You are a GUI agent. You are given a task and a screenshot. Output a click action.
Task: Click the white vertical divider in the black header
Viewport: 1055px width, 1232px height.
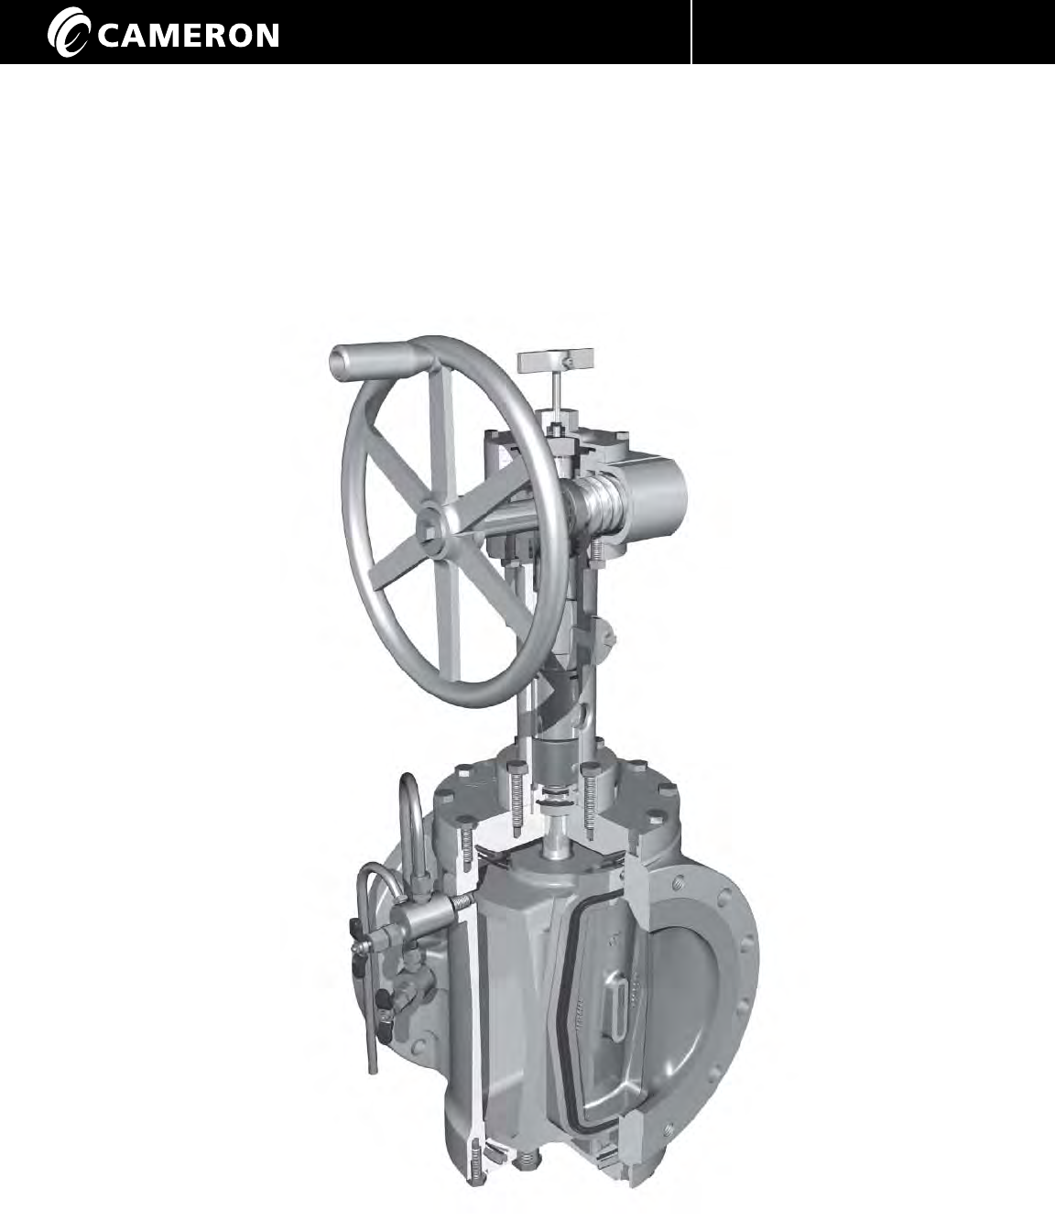coord(691,32)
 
